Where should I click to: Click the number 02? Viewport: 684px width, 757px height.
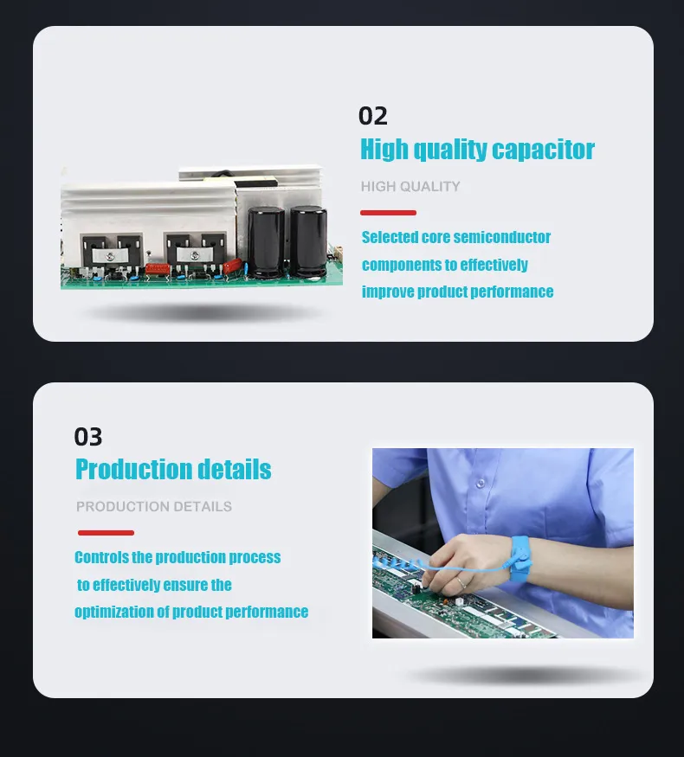coord(373,116)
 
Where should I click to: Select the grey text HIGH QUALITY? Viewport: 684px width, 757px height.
coord(410,186)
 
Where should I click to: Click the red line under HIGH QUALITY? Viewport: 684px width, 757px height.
coord(388,212)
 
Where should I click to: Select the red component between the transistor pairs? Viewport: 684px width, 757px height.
coord(158,268)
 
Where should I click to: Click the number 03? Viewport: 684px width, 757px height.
coord(88,436)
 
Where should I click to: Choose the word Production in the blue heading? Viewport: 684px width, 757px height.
coord(130,470)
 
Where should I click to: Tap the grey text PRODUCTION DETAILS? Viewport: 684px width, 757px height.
coord(154,506)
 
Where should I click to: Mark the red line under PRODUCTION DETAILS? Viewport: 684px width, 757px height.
coord(106,533)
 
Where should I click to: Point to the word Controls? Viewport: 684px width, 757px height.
coord(101,557)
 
